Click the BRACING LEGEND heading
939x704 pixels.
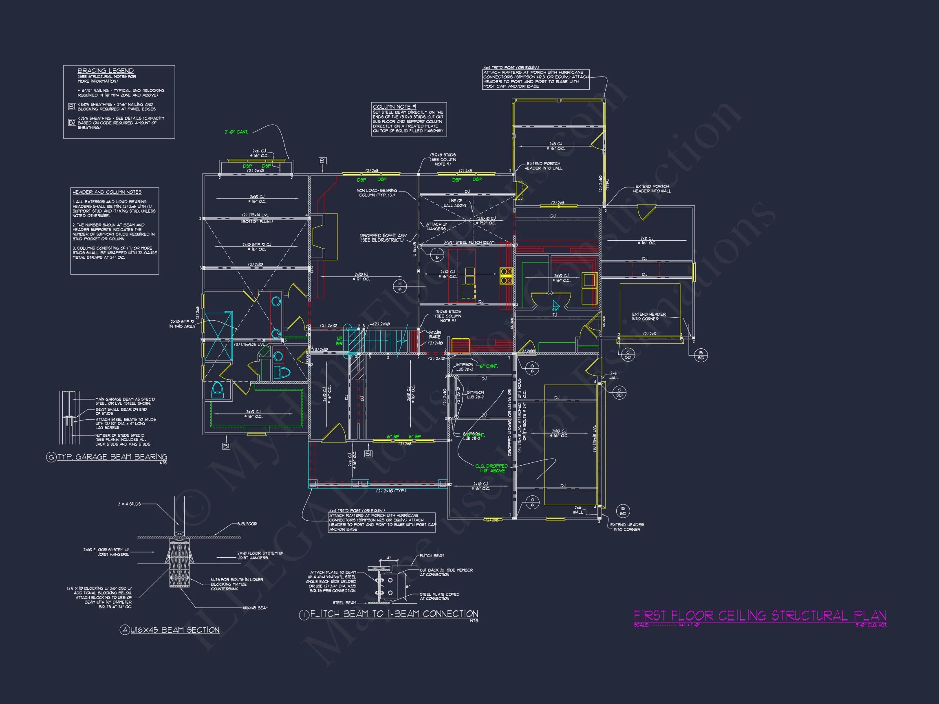(x=105, y=71)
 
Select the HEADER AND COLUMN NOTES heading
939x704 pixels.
(x=106, y=192)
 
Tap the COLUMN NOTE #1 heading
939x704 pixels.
(x=391, y=107)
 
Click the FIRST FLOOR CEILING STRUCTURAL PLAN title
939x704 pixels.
(x=760, y=616)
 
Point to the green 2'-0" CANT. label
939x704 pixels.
(x=236, y=132)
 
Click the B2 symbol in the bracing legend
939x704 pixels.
(x=72, y=123)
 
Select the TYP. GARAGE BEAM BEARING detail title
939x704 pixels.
(x=112, y=457)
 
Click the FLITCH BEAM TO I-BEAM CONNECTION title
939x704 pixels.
(x=394, y=614)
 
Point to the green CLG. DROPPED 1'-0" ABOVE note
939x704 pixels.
(x=491, y=468)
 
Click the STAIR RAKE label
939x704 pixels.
(x=435, y=334)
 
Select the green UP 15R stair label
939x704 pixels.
(x=339, y=341)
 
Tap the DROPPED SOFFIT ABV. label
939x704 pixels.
(x=384, y=238)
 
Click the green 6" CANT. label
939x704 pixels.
(x=488, y=366)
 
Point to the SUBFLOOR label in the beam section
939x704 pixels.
(x=247, y=524)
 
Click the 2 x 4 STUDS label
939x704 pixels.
(x=129, y=504)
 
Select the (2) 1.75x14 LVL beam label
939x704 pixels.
(x=255, y=215)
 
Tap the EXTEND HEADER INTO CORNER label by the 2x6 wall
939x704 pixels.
(x=626, y=527)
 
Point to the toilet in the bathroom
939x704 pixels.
(x=282, y=373)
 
